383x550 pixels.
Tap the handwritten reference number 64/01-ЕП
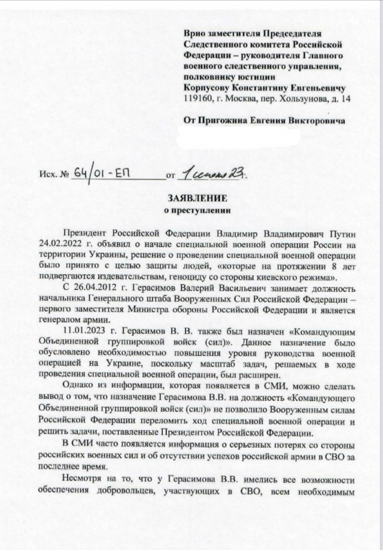tap(101, 174)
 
